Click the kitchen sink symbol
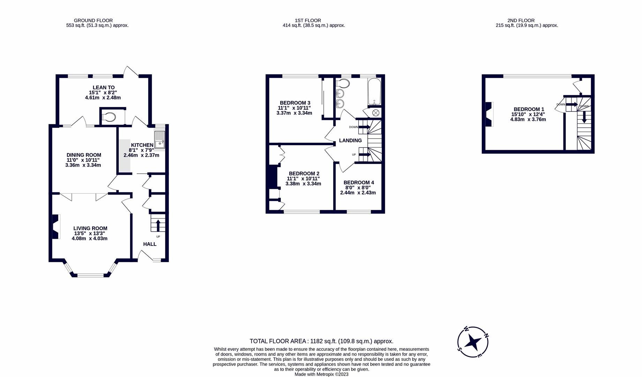pyautogui.click(x=159, y=139)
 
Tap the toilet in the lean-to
pyautogui.click(x=110, y=117)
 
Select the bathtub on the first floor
pyautogui.click(x=374, y=92)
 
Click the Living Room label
pyautogui.click(x=90, y=228)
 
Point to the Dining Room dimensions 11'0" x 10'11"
pyautogui.click(x=83, y=160)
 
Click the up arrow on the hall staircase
pyautogui.click(x=158, y=225)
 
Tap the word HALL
pyautogui.click(x=150, y=244)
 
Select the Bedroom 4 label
pyautogui.click(x=359, y=183)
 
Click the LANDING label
pyautogui.click(x=350, y=140)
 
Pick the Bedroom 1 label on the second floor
pyautogui.click(x=528, y=109)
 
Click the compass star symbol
pyautogui.click(x=473, y=342)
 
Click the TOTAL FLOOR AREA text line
pyautogui.click(x=321, y=341)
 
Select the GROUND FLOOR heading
pyautogui.click(x=93, y=21)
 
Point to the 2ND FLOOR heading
pyautogui.click(x=521, y=21)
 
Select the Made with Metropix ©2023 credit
pyautogui.click(x=321, y=374)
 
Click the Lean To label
pyautogui.click(x=104, y=88)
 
